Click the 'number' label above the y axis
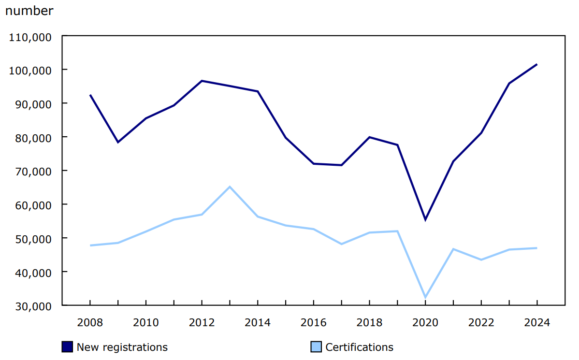coord(29,11)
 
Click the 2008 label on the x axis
coord(90,322)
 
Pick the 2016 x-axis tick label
coord(313,322)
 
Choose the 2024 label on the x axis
coord(536,322)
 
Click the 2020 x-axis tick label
coord(425,322)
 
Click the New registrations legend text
coord(122,347)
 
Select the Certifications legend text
coord(359,347)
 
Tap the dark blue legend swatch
coord(67,347)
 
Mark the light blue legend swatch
coord(316,347)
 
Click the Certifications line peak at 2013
coord(230,187)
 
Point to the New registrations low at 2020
coord(425,220)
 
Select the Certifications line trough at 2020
coord(425,297)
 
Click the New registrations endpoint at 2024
coord(536,64)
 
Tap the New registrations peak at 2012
coord(202,81)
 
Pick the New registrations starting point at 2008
coord(90,95)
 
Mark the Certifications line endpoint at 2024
coord(536,248)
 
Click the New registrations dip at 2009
coord(118,142)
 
